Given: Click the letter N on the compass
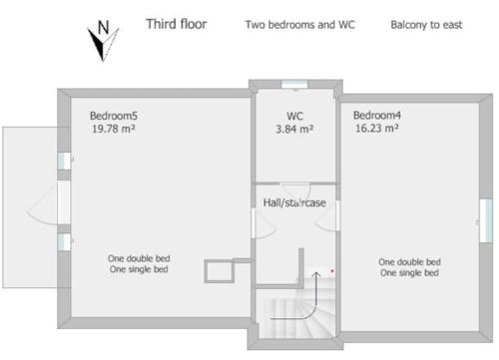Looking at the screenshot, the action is (x=104, y=27).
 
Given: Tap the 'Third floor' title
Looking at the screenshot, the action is (x=177, y=24).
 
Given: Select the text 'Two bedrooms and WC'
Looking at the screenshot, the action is (x=300, y=25).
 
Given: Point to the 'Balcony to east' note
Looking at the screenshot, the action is (x=426, y=25).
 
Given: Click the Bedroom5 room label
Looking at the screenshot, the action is (x=114, y=116).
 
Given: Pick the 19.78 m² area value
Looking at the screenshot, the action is (x=114, y=129).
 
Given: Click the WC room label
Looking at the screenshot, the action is (x=294, y=116).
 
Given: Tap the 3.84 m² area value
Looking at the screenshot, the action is (x=294, y=129).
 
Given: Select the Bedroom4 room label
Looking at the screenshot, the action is (x=377, y=116).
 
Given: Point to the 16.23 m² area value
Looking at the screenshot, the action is (x=377, y=128).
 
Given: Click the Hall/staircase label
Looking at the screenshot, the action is (x=294, y=202).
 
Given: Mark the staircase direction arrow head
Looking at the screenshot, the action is (x=316, y=275).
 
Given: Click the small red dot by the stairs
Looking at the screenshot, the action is (x=332, y=271).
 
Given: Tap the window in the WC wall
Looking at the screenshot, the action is (x=294, y=84).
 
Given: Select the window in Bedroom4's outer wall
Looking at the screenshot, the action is (x=486, y=220).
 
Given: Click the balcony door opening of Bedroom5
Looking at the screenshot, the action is (x=64, y=202).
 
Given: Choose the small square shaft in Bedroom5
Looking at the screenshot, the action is (x=220, y=271).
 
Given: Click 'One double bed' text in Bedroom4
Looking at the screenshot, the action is (x=409, y=262).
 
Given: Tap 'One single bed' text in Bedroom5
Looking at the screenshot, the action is (x=139, y=269).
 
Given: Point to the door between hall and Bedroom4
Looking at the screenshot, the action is (x=337, y=215).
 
